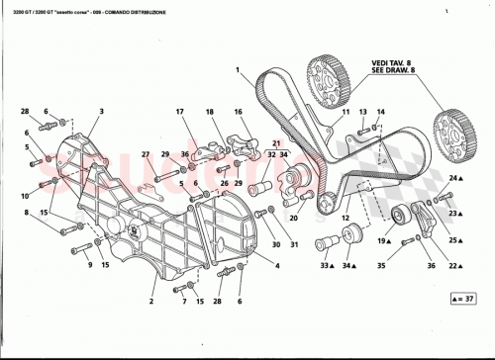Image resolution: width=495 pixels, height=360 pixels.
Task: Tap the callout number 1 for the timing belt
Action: (x=239, y=68)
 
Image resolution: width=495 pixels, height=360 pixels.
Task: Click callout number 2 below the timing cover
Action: (x=150, y=301)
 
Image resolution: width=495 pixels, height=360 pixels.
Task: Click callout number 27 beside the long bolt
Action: (x=145, y=155)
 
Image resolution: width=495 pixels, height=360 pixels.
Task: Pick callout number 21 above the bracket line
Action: (x=265, y=144)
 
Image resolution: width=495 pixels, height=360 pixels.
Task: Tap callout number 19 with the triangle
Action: (x=380, y=240)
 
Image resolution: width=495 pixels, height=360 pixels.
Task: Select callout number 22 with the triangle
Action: (x=452, y=266)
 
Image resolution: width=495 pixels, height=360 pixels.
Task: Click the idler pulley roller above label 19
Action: (x=402, y=218)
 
